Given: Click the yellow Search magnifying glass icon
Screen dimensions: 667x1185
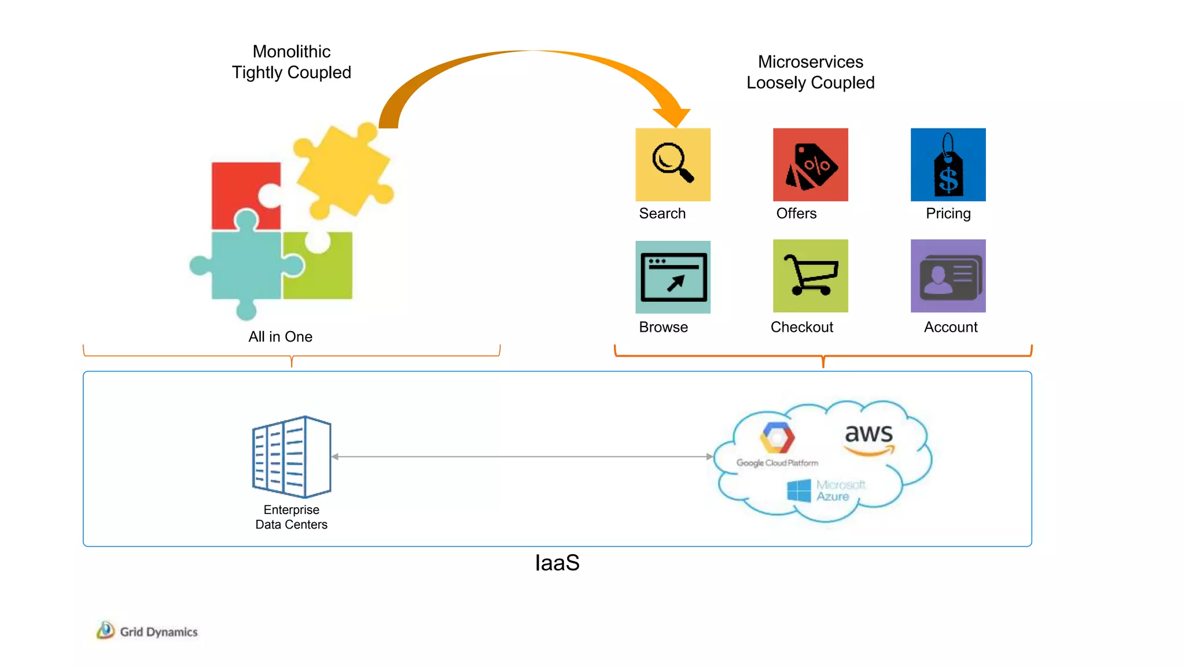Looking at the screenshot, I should coord(672,164).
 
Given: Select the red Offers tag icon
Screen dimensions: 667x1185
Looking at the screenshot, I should coord(810,164).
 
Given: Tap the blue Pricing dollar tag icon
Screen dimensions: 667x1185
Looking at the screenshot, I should coord(948,164).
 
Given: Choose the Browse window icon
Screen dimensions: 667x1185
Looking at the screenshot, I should coord(672,277).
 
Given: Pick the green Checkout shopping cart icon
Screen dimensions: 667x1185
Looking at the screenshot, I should coord(810,276).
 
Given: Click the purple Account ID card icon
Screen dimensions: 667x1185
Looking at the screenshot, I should coord(948,276).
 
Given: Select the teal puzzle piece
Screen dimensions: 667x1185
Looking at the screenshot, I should coord(246,266).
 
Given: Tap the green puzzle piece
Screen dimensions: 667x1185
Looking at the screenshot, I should coord(324,269).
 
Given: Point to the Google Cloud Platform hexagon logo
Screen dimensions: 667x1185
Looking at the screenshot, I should coord(777,438).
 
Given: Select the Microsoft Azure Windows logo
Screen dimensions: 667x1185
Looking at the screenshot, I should coord(799,491).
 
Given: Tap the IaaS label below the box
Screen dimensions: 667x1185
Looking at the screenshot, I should coord(557,563).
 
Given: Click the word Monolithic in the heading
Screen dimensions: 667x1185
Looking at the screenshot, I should coord(292,52).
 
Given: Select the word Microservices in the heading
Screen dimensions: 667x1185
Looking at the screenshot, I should coord(810,62).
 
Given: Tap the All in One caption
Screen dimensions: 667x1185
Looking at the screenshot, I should coord(280,336).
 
